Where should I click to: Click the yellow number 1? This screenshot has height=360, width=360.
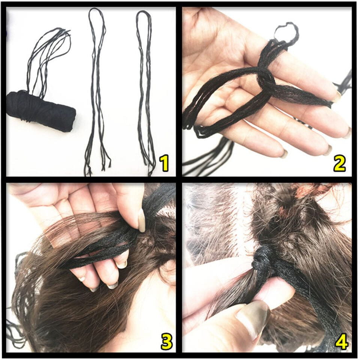pos(163,163)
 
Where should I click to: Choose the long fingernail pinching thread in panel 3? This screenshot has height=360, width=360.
pos(141,220)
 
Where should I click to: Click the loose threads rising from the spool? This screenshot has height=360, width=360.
pos(49,56)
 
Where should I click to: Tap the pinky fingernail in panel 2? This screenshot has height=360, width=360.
pos(284,154)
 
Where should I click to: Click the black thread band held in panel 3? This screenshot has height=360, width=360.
pos(101,247)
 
